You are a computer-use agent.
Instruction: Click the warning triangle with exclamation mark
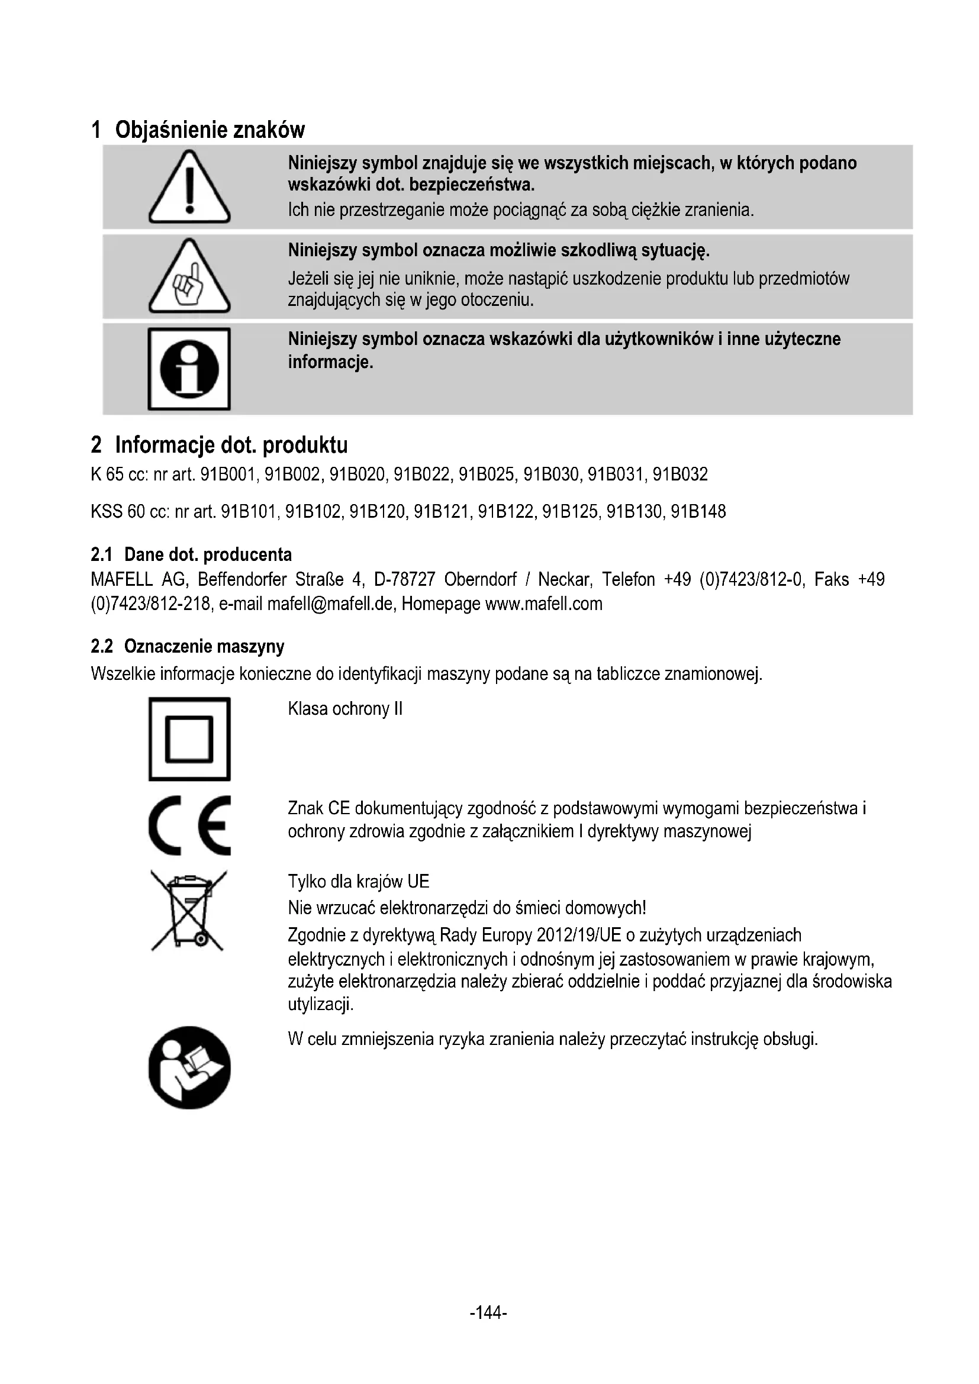(x=189, y=188)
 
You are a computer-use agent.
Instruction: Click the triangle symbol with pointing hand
(x=189, y=278)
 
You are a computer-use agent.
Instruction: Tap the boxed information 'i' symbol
(x=189, y=369)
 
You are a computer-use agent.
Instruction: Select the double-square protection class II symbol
(x=189, y=739)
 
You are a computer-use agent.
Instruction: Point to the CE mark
(x=189, y=825)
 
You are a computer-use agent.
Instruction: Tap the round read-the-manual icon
(x=189, y=1067)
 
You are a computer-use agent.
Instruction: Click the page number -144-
(x=488, y=1312)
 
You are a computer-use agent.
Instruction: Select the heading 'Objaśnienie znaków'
(x=210, y=130)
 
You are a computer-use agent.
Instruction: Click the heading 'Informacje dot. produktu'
(x=231, y=445)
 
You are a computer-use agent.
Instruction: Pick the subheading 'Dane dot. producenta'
(x=207, y=554)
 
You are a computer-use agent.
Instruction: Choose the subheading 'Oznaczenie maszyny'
(x=204, y=646)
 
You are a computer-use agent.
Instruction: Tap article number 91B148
(x=698, y=512)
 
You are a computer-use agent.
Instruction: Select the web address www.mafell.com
(x=544, y=604)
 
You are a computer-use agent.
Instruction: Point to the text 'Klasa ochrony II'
(x=345, y=708)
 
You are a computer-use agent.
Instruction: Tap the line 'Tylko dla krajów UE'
(x=358, y=882)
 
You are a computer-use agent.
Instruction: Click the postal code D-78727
(x=404, y=580)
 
